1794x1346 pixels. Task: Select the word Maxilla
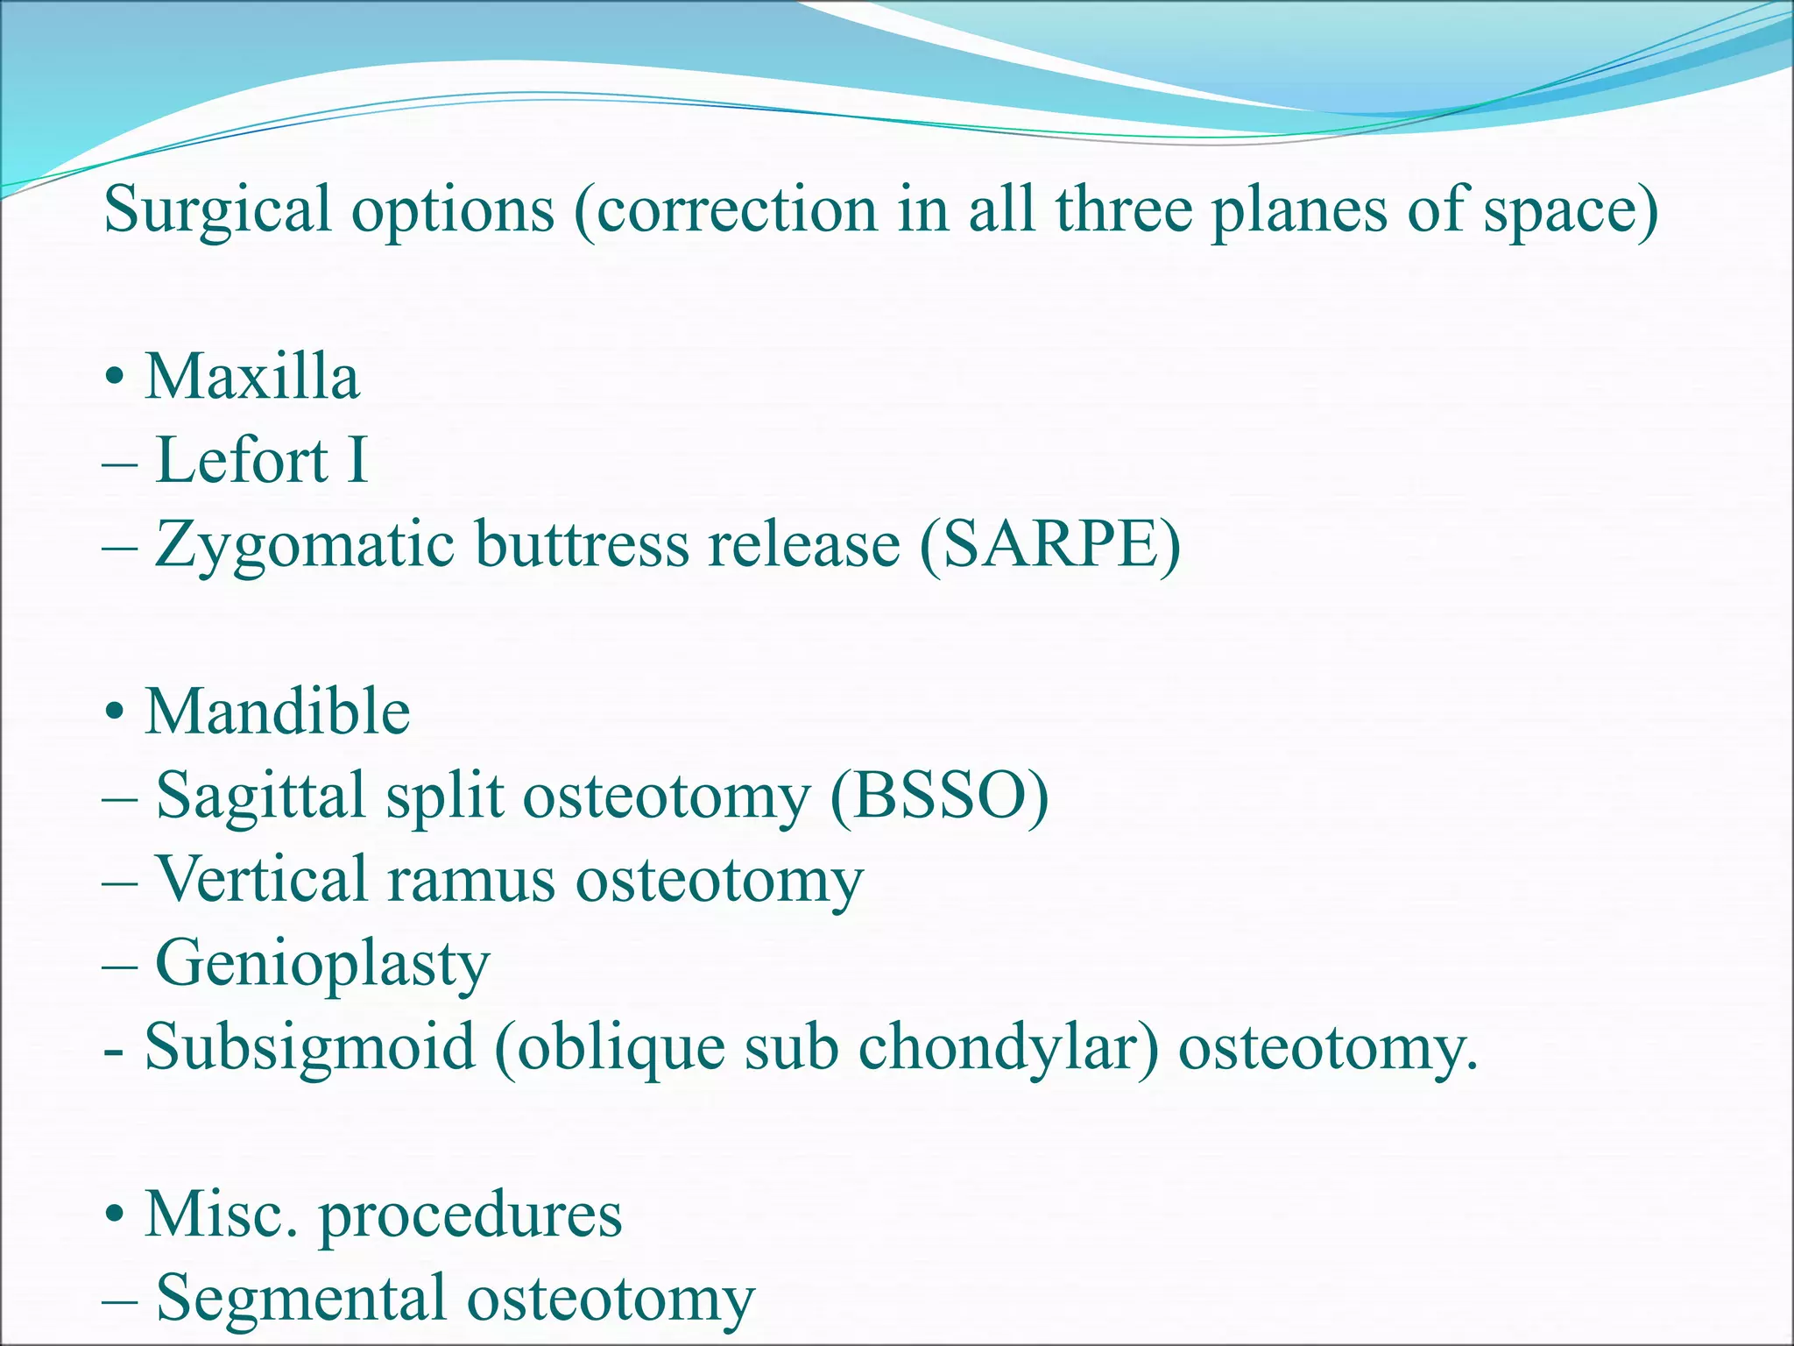(x=252, y=377)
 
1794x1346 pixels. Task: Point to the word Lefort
(x=242, y=460)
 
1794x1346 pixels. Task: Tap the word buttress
(x=582, y=545)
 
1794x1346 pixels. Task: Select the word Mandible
(x=278, y=712)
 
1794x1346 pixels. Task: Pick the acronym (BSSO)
(x=939, y=796)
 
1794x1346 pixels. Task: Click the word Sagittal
(x=260, y=796)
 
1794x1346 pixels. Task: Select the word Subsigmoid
(x=310, y=1047)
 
